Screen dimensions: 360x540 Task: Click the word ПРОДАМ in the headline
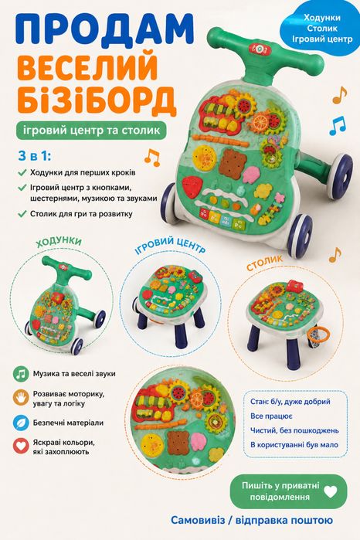[x=105, y=30]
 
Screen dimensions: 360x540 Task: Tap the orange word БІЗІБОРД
[x=97, y=99]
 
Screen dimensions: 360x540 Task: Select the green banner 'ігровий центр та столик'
[x=92, y=131]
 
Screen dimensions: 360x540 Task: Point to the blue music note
[x=338, y=126]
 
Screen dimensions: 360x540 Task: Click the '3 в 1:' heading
[x=34, y=156]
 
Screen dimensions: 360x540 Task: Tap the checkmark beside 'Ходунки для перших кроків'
[x=22, y=172]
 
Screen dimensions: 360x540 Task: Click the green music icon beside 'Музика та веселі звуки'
[x=21, y=374]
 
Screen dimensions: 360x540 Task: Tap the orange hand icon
[x=21, y=397]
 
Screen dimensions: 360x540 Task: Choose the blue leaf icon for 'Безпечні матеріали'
[x=21, y=423]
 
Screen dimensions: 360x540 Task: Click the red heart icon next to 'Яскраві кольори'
[x=21, y=446]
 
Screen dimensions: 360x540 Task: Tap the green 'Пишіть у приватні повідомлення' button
[x=288, y=491]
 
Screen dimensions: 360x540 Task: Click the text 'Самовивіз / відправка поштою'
[x=252, y=520]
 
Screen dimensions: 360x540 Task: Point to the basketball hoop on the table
[x=318, y=335]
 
